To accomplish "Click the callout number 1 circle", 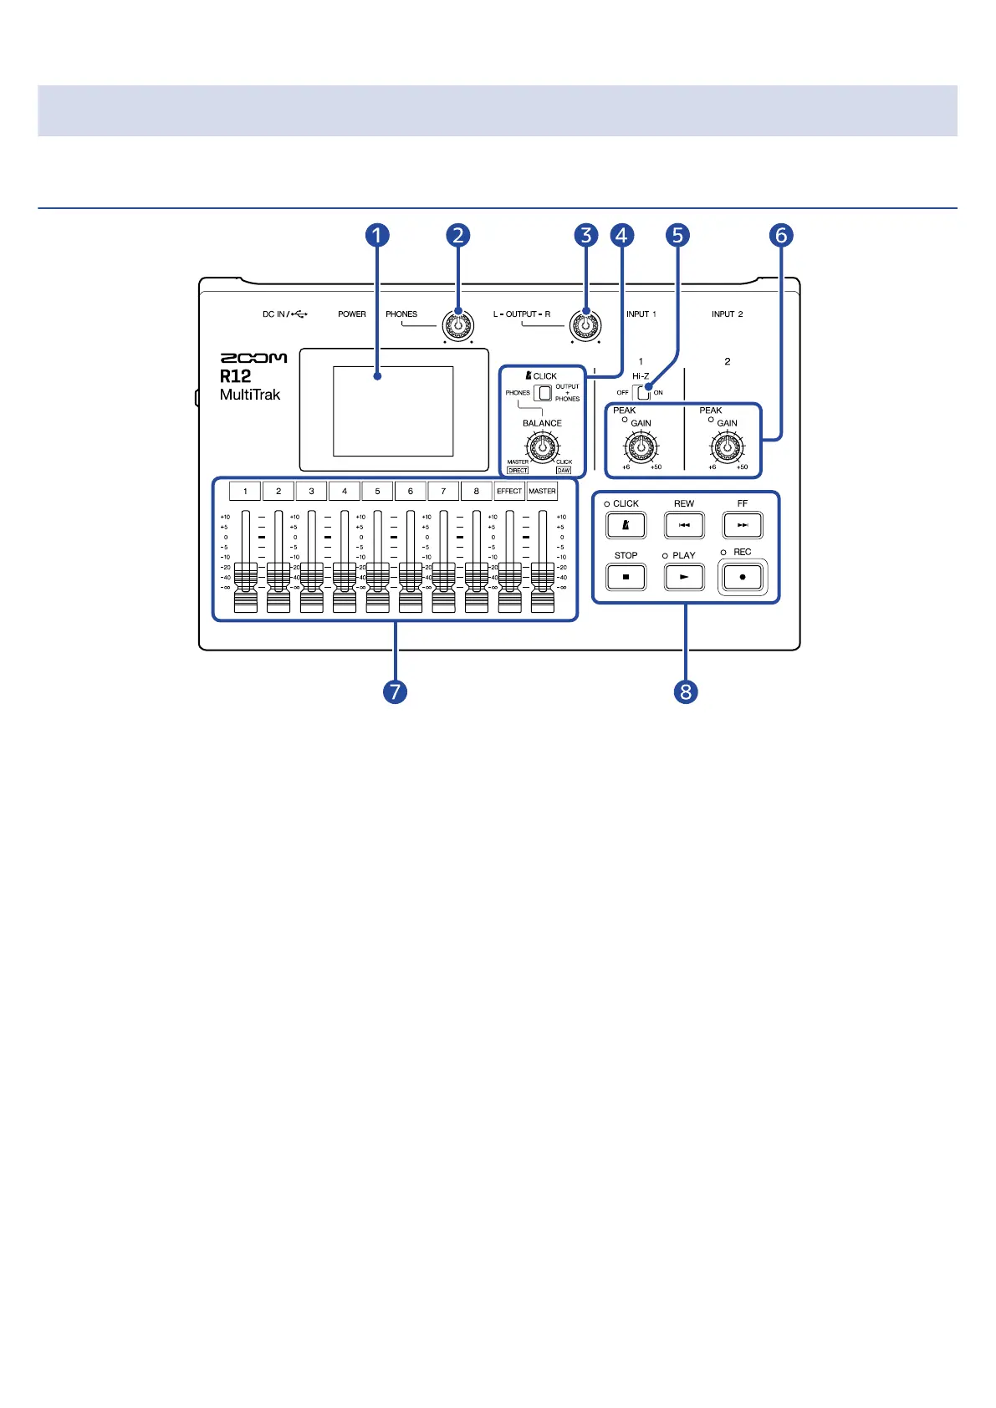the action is coord(376,235).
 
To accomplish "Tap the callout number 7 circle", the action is coord(395,691).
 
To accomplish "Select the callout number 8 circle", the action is coord(686,691).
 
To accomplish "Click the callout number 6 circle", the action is coord(781,235).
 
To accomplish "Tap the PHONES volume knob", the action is coord(457,325).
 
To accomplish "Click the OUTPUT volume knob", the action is coord(585,325).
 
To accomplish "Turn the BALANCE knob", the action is coord(542,447).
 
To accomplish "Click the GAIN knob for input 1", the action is coord(641,447).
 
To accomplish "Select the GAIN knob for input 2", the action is coord(727,447).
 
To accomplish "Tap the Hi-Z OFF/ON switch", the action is coord(641,392).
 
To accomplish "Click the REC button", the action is coord(743,577).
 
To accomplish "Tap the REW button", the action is coord(684,525).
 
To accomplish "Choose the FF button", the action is coord(743,525).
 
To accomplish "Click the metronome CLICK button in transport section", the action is coord(626,525).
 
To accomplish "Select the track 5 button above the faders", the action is coord(377,491).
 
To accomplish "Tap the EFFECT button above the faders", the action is coord(509,491).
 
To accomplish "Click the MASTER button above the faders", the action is coord(542,491).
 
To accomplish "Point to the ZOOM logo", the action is coord(253,358).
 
